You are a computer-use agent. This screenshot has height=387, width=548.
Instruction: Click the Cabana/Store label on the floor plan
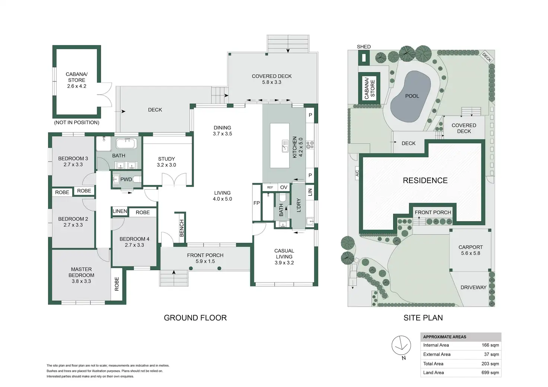point(77,77)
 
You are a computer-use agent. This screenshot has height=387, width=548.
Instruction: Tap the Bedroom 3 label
point(73,158)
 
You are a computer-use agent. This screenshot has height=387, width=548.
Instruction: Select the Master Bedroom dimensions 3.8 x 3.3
point(81,281)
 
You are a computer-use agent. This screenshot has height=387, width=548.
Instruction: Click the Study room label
point(166,159)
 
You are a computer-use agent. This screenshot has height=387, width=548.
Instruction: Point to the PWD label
point(126,179)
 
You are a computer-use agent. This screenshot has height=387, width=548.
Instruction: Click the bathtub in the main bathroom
point(126,143)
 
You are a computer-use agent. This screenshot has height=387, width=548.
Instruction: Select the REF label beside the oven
point(270,187)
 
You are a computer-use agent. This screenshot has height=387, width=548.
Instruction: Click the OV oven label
point(284,187)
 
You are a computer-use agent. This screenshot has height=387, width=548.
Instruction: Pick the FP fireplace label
point(257,203)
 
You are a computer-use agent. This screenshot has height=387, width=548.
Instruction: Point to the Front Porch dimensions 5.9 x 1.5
point(205,261)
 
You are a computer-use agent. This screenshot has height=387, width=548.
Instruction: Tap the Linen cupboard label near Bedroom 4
point(120,211)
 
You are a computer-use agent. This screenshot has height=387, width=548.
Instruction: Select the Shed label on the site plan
point(364,47)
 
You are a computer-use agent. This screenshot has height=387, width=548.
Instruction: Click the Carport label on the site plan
point(471,247)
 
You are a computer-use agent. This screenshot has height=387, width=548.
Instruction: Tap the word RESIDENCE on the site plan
point(425,181)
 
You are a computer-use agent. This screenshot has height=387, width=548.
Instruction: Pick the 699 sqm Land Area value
point(490,373)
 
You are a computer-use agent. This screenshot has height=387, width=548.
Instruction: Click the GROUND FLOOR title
point(195,318)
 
